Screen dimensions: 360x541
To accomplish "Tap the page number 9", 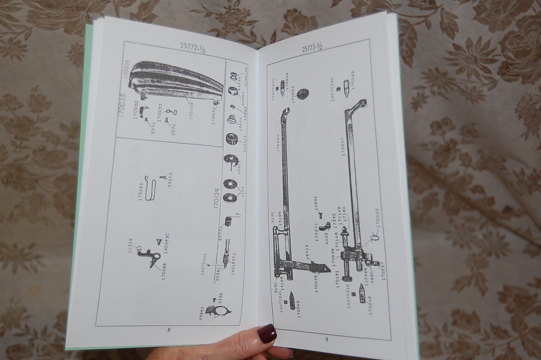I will coord(327,338).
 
